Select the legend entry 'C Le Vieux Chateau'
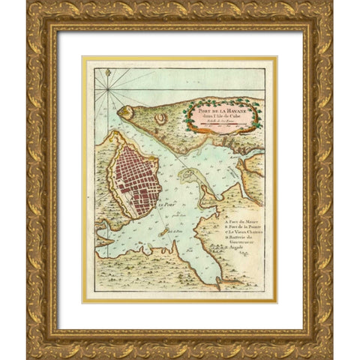241,235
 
